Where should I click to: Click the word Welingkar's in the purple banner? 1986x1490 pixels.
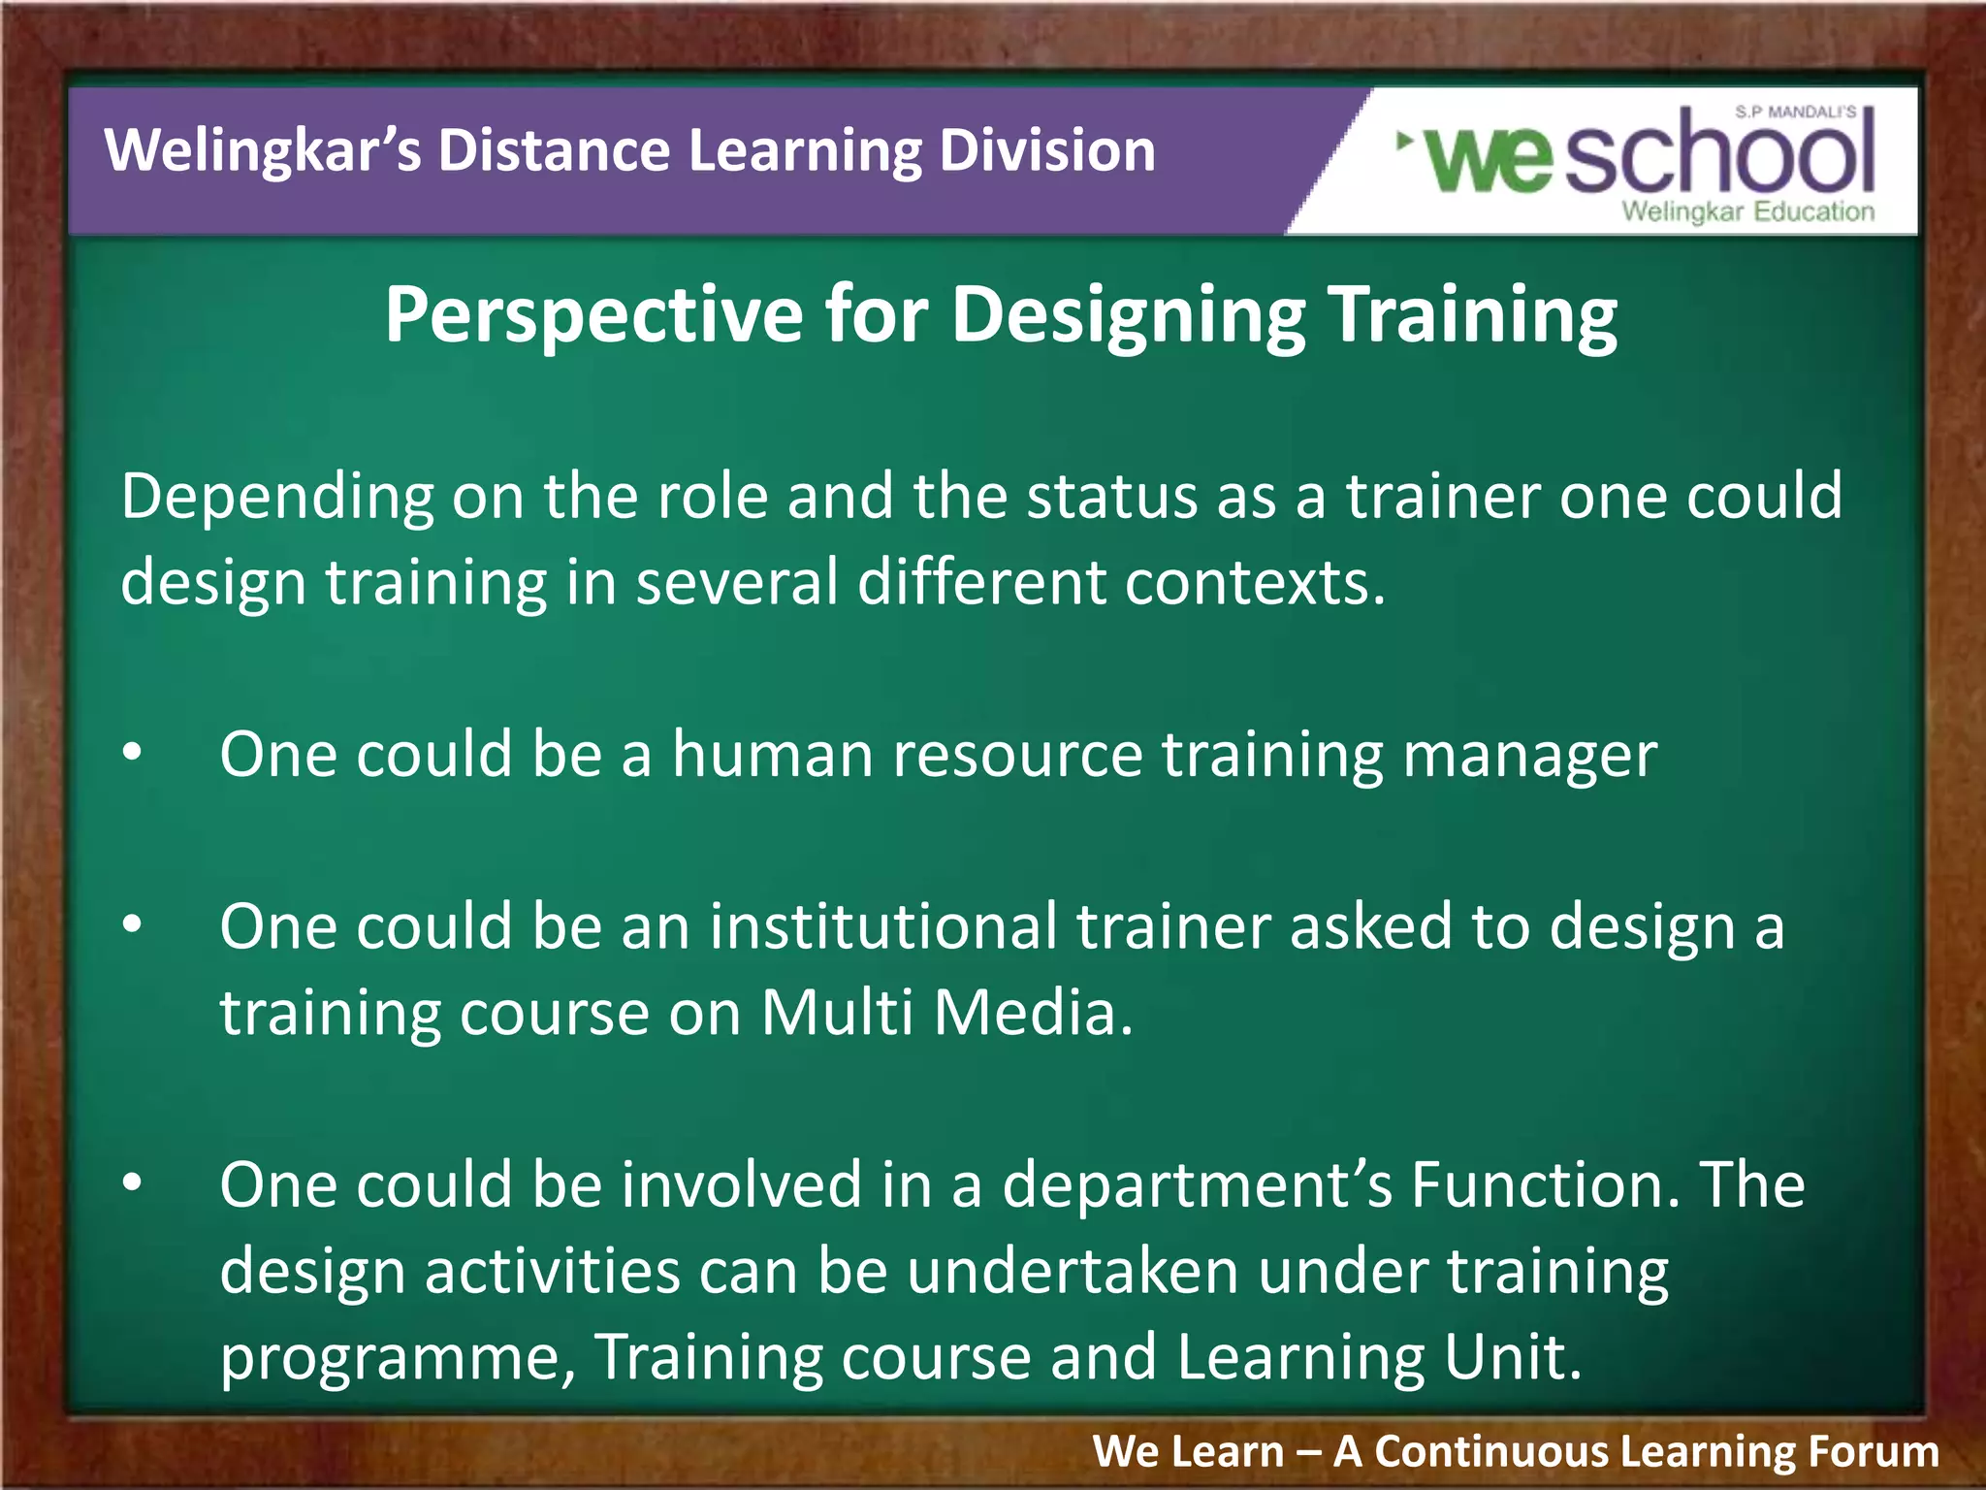click(262, 151)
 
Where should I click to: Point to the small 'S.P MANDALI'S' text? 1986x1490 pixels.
click(1795, 113)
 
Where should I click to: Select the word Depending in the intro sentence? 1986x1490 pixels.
click(277, 497)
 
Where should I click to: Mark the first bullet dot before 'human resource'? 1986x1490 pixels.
click(133, 752)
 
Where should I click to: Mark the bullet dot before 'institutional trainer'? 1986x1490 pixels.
click(133, 923)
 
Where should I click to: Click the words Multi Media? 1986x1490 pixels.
click(945, 1013)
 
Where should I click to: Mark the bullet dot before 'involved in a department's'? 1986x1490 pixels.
click(133, 1182)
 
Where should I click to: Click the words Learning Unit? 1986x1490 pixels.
click(1377, 1357)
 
